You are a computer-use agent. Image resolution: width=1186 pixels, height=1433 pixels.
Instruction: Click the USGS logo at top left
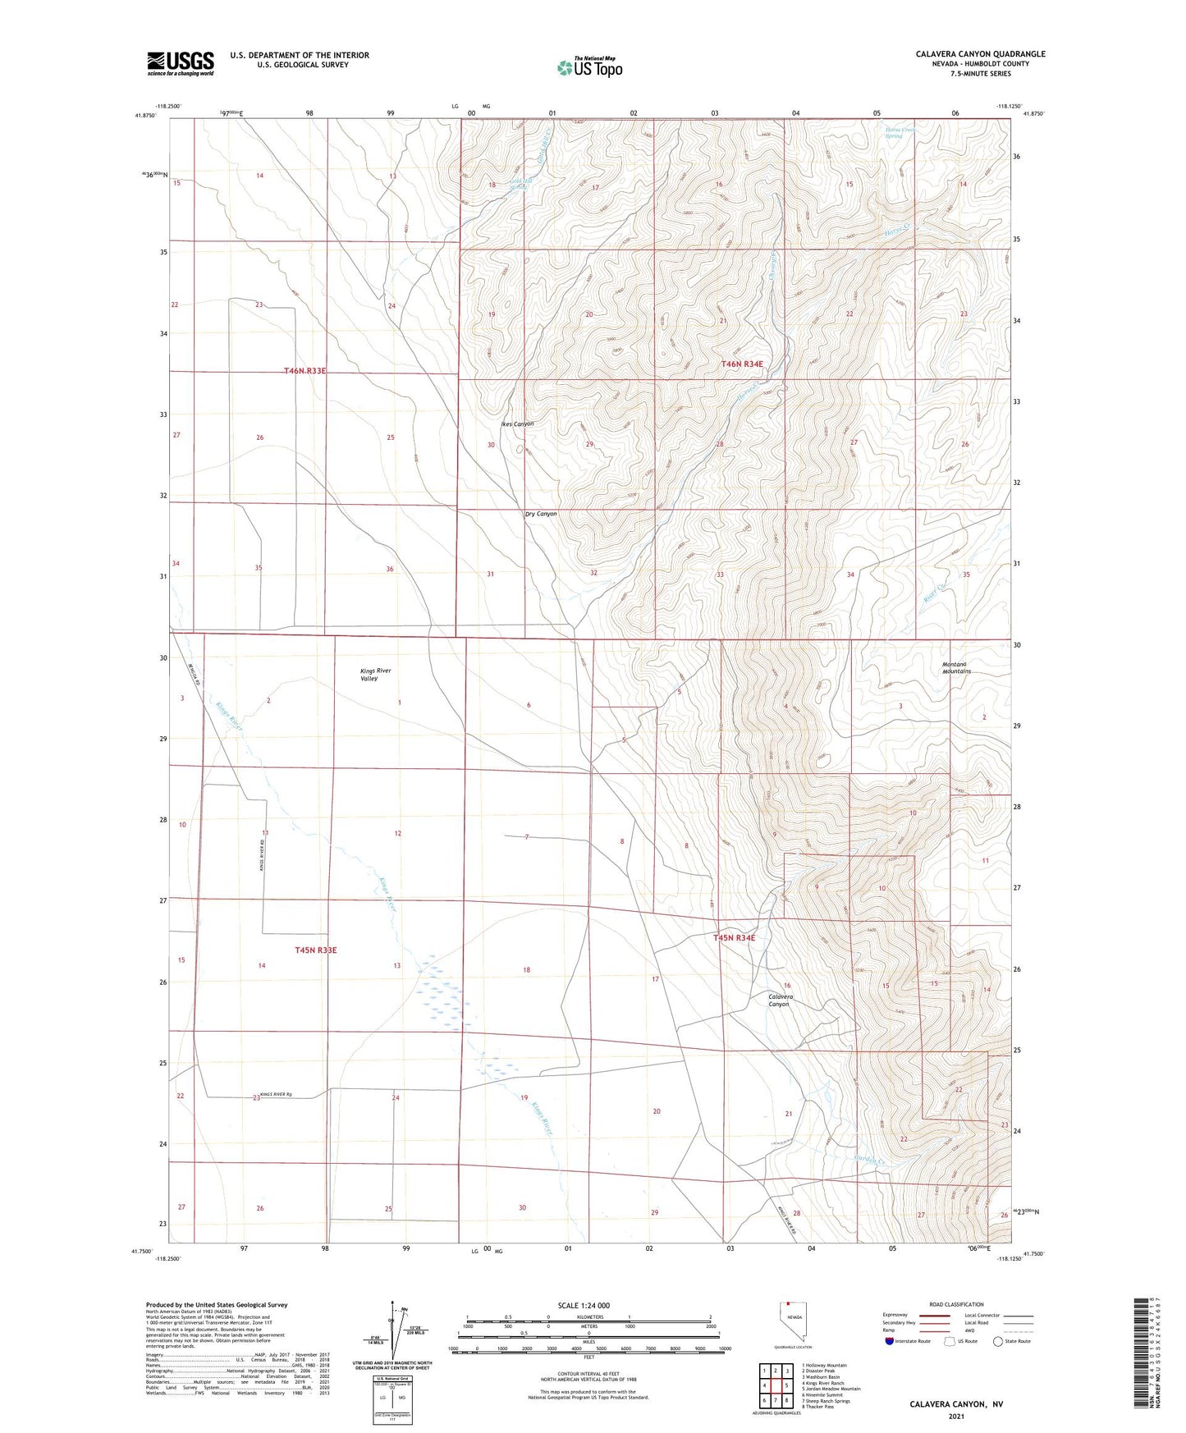click(180, 63)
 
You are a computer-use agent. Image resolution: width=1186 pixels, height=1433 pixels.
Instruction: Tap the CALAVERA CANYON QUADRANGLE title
click(980, 54)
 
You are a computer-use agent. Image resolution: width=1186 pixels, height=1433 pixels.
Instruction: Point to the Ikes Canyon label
click(517, 424)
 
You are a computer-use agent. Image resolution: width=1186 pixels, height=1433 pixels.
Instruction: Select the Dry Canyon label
click(540, 514)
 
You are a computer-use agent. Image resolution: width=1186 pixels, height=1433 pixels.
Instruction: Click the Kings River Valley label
click(376, 675)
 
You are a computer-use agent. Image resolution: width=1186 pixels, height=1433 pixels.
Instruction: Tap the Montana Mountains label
click(956, 667)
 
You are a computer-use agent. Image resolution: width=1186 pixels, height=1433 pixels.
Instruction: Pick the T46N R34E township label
click(742, 364)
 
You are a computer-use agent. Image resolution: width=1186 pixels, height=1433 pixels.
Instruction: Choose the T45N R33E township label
click(315, 950)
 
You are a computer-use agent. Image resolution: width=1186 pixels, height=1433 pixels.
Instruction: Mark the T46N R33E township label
click(305, 371)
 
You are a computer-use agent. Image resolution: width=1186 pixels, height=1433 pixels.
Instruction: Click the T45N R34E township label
click(733, 937)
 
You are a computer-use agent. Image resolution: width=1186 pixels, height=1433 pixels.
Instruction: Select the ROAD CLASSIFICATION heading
click(957, 1304)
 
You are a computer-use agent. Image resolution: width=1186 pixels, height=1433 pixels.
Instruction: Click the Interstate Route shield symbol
click(890, 1341)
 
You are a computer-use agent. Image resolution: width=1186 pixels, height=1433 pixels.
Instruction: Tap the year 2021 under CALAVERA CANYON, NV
click(955, 1417)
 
